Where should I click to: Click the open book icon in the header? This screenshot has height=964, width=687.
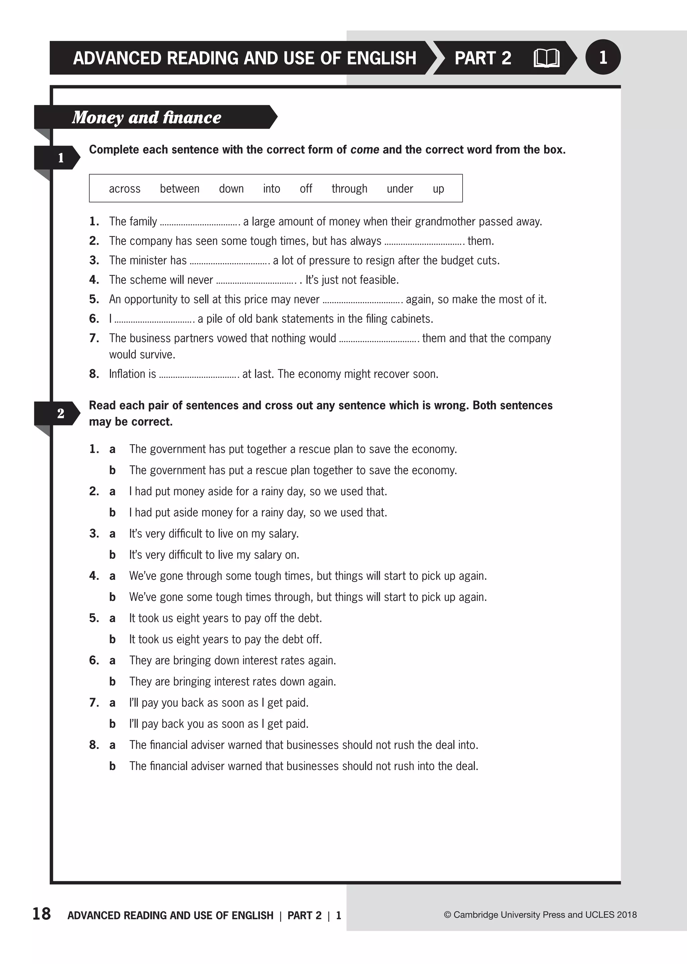click(x=546, y=58)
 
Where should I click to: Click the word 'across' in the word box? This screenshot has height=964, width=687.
click(x=124, y=189)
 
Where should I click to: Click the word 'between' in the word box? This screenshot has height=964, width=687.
click(x=179, y=189)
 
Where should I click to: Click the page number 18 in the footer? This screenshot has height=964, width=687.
click(x=42, y=914)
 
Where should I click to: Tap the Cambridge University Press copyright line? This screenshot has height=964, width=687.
click(x=540, y=914)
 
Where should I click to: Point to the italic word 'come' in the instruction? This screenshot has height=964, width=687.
click(x=365, y=150)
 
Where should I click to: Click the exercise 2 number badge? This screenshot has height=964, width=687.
click(x=60, y=413)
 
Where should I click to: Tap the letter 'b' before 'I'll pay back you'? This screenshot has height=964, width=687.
click(x=112, y=724)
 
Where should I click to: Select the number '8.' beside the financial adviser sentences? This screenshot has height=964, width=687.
click(x=94, y=745)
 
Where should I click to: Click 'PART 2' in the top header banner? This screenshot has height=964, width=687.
click(x=483, y=58)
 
